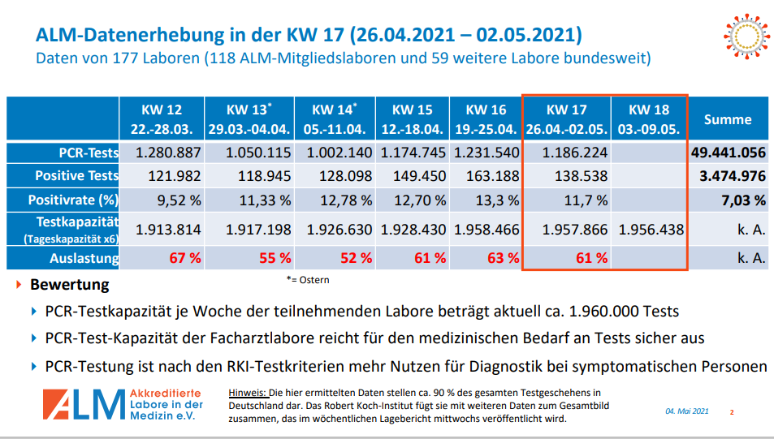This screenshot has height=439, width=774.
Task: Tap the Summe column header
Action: [728, 119]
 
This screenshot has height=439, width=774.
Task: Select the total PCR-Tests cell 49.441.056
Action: [728, 153]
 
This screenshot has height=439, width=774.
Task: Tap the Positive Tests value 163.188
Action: [485, 176]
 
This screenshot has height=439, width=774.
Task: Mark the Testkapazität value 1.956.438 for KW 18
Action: [651, 230]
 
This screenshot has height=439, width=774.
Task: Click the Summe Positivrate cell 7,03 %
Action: [742, 200]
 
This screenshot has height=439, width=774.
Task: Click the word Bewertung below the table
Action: [69, 286]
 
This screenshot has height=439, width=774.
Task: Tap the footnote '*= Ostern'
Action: [308, 280]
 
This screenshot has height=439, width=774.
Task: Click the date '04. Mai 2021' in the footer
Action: [687, 411]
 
